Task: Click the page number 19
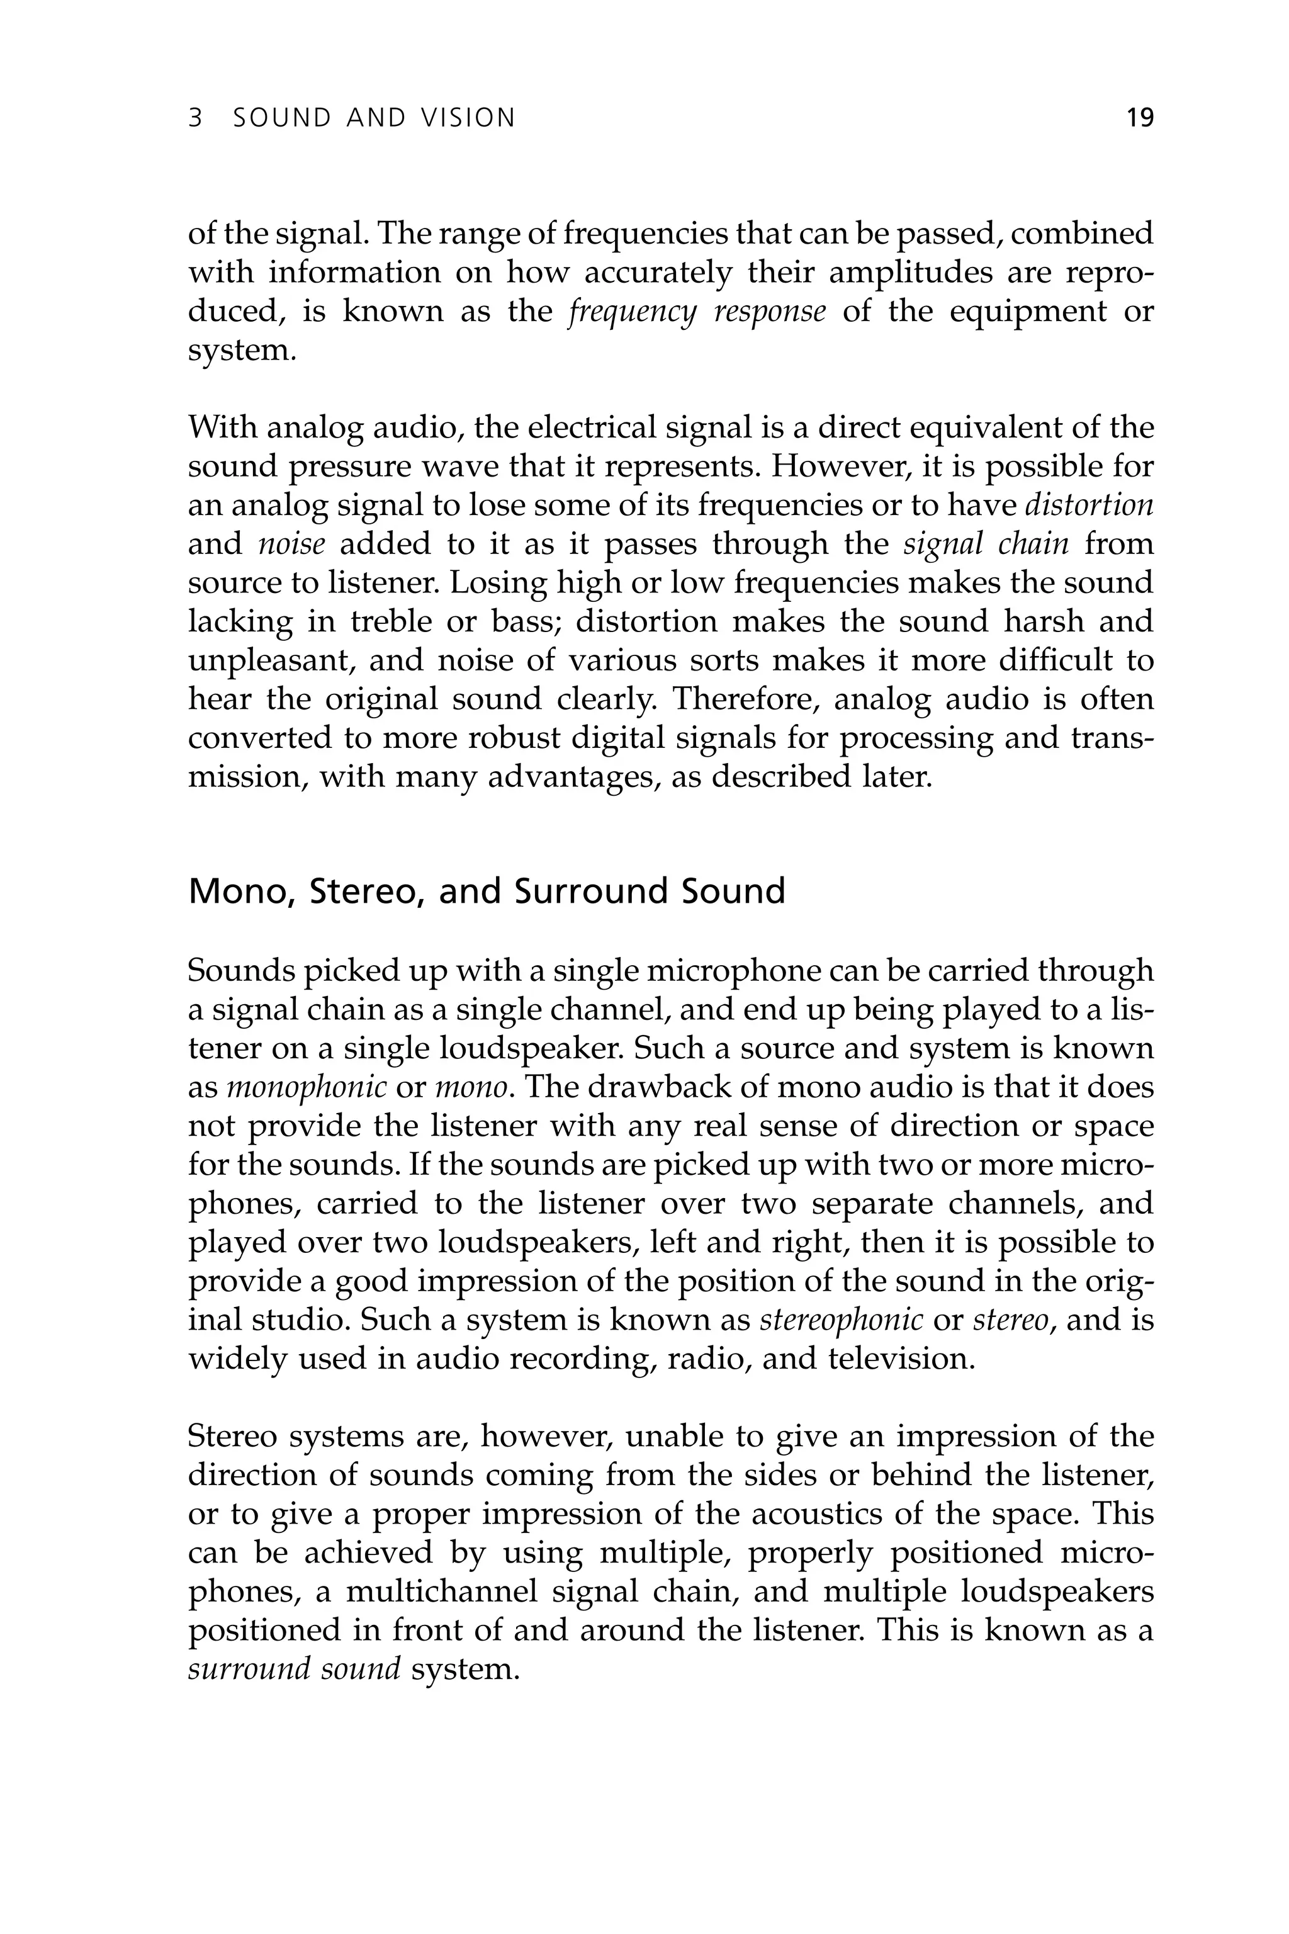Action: click(x=1139, y=118)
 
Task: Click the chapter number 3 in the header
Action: click(x=195, y=118)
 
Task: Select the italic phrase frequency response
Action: click(x=697, y=312)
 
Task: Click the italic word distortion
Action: click(x=1090, y=505)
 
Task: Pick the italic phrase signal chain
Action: click(x=986, y=543)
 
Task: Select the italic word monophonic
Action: click(x=306, y=1088)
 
